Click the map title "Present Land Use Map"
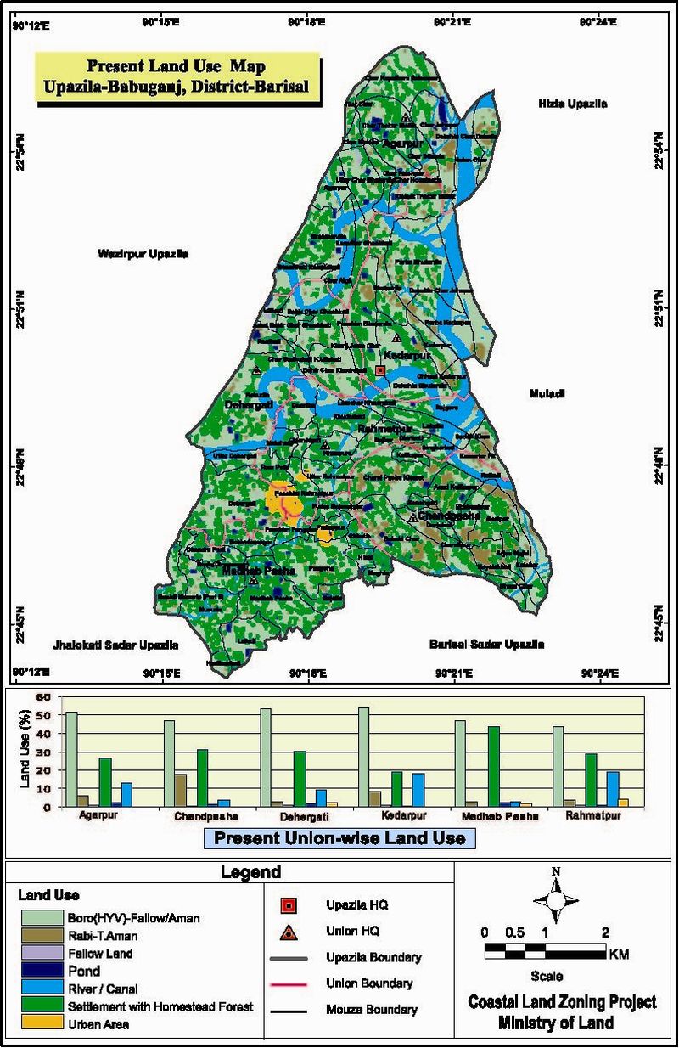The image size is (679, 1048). (x=177, y=65)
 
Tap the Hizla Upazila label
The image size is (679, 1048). (x=573, y=104)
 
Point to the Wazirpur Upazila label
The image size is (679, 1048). (x=143, y=254)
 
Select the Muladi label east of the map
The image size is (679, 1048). (x=547, y=394)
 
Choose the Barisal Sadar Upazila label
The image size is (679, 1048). (x=486, y=644)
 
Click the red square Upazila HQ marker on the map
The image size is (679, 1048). (x=380, y=370)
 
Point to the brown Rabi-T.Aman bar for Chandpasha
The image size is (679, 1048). (x=180, y=790)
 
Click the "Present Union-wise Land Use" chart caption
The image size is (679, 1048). (x=339, y=838)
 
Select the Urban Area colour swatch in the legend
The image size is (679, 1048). (x=41, y=1023)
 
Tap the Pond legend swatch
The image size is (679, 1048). (x=41, y=971)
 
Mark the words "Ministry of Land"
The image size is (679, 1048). (x=556, y=1023)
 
